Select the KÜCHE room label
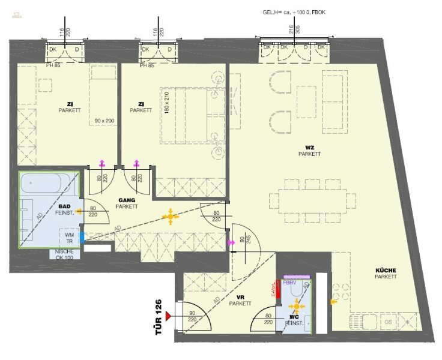(385, 274)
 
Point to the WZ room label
(309, 150)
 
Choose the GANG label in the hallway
(127, 203)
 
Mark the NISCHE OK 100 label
(64, 254)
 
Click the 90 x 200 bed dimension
(104, 121)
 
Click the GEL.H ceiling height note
(298, 13)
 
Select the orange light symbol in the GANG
(171, 217)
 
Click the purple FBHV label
(290, 283)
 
